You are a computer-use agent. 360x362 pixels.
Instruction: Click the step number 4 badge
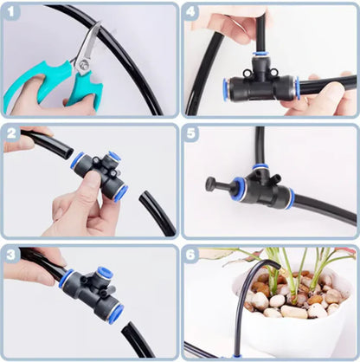tap(193, 14)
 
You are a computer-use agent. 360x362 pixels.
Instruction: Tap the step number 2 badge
tap(12, 134)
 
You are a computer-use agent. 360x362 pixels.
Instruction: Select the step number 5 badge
tap(193, 135)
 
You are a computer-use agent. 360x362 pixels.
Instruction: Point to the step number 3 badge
tap(12, 254)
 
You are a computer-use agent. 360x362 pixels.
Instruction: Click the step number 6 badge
tap(193, 255)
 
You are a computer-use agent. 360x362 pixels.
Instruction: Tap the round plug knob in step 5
tap(209, 184)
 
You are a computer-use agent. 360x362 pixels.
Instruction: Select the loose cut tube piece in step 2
tap(156, 212)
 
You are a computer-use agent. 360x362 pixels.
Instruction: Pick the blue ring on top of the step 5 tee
tap(260, 166)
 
